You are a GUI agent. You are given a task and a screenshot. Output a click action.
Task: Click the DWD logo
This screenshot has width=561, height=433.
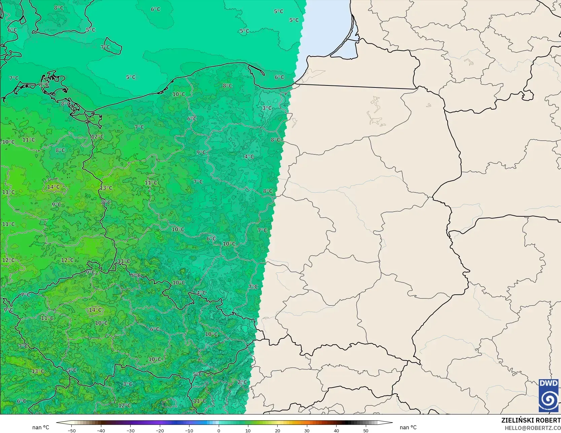(x=549, y=395)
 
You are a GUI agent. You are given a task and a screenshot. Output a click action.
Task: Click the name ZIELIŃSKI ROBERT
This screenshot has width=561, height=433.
(x=531, y=420)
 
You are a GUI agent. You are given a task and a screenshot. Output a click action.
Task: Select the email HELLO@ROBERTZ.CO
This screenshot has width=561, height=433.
(x=532, y=428)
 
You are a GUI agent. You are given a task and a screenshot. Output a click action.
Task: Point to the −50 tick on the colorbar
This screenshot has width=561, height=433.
(x=71, y=430)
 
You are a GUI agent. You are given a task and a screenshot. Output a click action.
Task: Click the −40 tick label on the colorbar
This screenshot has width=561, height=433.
(x=101, y=430)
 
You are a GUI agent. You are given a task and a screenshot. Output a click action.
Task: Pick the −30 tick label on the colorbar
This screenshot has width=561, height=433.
(x=130, y=430)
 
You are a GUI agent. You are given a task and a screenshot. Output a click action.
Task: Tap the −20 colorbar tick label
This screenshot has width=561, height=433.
(x=160, y=430)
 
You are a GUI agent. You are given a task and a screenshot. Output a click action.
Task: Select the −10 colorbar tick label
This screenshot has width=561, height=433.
(x=189, y=430)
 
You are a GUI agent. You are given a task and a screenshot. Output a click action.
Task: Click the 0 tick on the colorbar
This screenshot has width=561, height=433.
(x=219, y=430)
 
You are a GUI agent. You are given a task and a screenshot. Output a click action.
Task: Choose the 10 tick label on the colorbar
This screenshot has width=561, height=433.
(x=248, y=430)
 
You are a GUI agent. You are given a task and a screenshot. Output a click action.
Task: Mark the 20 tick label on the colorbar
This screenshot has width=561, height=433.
(x=277, y=430)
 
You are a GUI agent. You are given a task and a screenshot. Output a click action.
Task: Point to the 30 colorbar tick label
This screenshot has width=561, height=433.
(x=307, y=430)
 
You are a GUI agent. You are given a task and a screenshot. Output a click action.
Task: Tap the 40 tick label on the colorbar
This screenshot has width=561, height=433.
(x=336, y=430)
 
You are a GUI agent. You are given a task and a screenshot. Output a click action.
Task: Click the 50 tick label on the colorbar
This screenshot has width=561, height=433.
(x=366, y=430)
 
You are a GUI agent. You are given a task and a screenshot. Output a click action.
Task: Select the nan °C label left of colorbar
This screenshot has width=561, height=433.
(x=41, y=427)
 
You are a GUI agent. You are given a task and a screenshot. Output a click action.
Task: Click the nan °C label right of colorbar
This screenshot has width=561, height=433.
(x=408, y=427)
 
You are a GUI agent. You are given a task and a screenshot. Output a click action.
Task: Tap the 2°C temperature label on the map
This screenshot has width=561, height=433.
(x=242, y=382)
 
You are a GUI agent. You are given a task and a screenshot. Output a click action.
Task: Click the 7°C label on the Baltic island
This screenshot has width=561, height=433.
(x=105, y=47)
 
